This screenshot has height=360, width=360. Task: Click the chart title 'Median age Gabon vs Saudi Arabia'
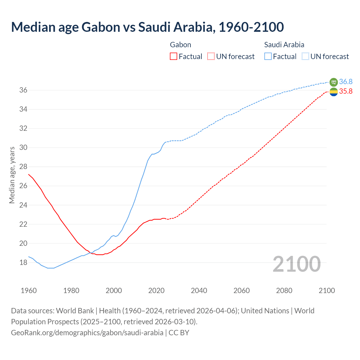147,27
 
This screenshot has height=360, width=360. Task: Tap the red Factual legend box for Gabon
174,56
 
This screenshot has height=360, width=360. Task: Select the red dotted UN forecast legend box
211,56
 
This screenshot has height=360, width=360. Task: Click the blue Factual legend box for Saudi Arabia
268,56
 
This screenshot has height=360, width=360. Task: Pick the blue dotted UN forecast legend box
305,56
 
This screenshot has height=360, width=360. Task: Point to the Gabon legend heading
181,45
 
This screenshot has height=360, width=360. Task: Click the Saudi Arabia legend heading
284,45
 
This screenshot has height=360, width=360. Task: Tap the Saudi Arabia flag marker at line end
334,82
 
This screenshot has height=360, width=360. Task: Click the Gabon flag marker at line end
334,92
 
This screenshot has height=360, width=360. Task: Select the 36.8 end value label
346,82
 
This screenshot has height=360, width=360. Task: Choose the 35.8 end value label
346,91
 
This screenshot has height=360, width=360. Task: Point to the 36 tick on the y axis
23,90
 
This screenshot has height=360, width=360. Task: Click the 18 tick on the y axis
23,262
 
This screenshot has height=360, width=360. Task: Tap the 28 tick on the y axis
23,167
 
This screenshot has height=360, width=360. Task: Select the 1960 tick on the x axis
29,291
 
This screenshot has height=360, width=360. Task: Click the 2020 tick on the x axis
156,291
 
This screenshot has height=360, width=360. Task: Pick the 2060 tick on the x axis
242,291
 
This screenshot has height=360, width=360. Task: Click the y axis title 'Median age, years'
12,175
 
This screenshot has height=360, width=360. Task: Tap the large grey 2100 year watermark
297,264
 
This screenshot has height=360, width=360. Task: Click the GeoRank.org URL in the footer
87,332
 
